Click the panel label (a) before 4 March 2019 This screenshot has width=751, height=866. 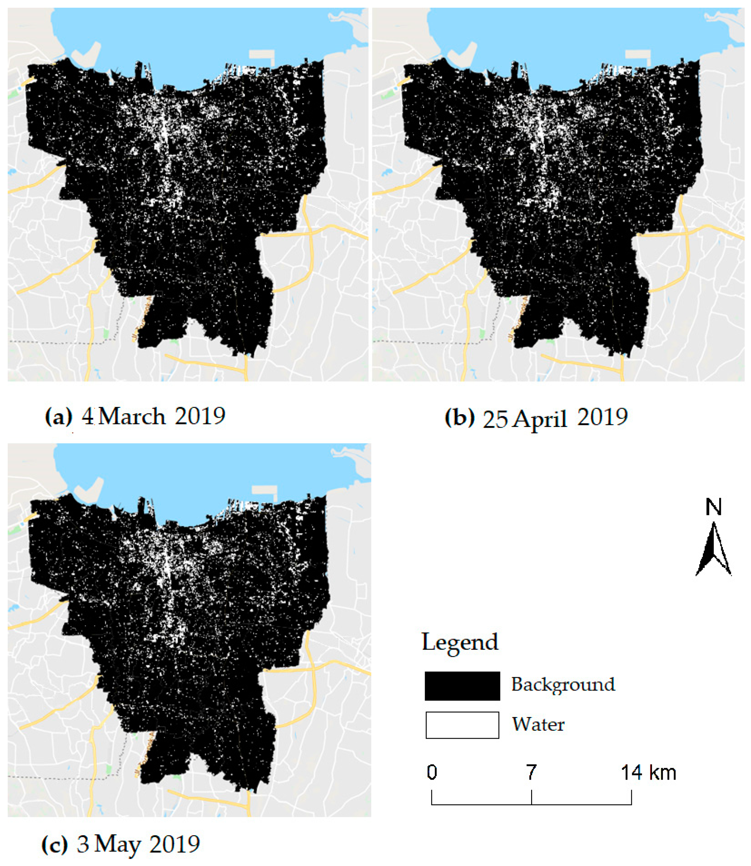(x=58, y=417)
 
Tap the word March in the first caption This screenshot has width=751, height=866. (x=132, y=417)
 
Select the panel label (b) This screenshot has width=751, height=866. (x=460, y=417)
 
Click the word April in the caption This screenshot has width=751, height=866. (x=540, y=419)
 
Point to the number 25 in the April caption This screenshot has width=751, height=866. (x=495, y=419)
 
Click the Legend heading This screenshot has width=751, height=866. (x=460, y=642)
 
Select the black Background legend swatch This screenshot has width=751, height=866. (x=462, y=686)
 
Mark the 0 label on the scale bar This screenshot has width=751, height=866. (x=432, y=773)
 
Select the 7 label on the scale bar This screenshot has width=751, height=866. (x=531, y=773)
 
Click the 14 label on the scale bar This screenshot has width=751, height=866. (x=632, y=773)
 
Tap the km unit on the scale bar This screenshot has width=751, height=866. (x=663, y=773)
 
